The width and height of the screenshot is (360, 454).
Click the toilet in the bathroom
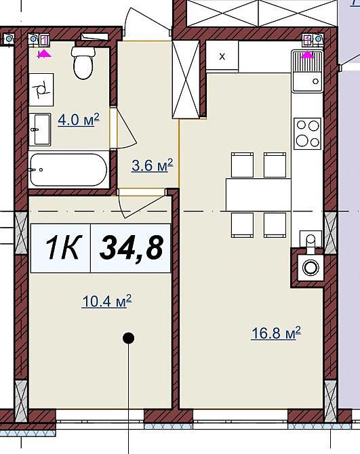[83, 62]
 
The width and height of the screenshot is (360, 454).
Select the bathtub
[68, 169]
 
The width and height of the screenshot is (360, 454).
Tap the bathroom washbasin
[40, 129]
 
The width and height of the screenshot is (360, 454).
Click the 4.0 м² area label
[79, 119]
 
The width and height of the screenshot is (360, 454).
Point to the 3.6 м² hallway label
[153, 165]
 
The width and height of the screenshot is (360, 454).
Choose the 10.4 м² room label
[107, 301]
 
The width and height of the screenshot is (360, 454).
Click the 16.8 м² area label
[276, 333]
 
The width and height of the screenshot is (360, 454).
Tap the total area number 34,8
[132, 248]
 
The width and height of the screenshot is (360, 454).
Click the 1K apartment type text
[62, 247]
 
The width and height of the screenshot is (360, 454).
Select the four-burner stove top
[307, 133]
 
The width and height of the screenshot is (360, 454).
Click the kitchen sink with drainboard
[307, 71]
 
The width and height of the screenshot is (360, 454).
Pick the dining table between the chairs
[258, 194]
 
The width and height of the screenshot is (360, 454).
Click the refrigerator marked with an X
[222, 56]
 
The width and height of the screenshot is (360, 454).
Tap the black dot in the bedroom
[129, 338]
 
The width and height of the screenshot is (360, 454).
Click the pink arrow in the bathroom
[44, 54]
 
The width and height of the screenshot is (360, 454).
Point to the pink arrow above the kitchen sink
[307, 54]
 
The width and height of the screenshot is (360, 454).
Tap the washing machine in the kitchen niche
[311, 268]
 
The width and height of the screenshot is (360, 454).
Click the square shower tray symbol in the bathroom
[41, 89]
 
